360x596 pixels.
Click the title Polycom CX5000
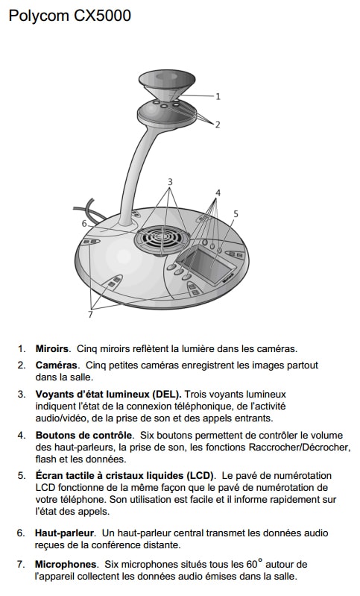(x=70, y=16)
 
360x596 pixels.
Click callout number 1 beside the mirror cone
(x=218, y=96)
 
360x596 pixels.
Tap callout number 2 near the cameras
(x=218, y=125)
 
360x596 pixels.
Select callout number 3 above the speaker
(x=170, y=182)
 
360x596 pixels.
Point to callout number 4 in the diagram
(x=218, y=192)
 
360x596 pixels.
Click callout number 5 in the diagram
(x=236, y=213)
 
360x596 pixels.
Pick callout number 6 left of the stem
(x=84, y=224)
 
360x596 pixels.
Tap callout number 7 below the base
(x=90, y=314)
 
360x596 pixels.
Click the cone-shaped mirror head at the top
(x=168, y=86)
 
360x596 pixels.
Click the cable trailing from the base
(x=90, y=210)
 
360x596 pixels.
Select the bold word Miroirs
(x=52, y=348)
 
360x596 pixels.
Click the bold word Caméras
(x=57, y=366)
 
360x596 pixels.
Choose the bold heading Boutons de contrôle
(x=84, y=435)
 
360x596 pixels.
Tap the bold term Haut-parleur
(x=64, y=533)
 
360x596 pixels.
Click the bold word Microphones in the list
(x=66, y=564)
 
